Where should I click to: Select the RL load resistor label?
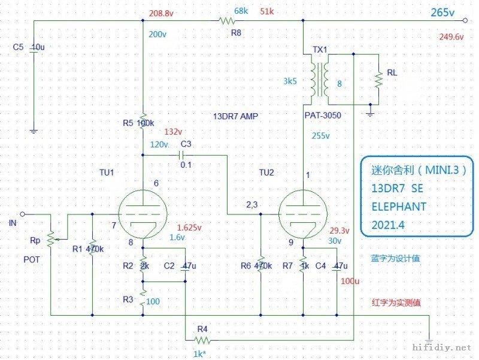pyautogui.click(x=392, y=72)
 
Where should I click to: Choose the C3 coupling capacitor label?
pyautogui.click(x=186, y=144)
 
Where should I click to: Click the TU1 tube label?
pyautogui.click(x=107, y=172)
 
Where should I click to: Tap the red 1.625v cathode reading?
pyautogui.click(x=190, y=228)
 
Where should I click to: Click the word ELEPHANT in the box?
pyautogui.click(x=399, y=207)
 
